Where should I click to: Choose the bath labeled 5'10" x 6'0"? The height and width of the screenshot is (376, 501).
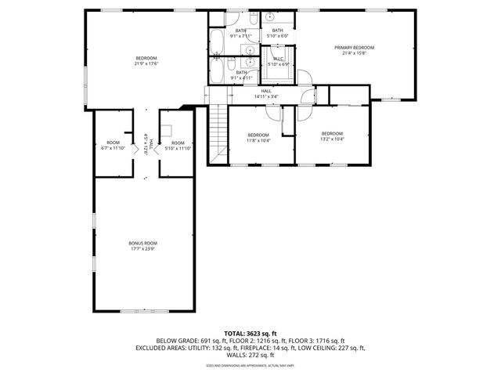tap(277, 31)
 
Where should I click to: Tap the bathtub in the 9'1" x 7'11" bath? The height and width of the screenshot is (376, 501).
tap(218, 38)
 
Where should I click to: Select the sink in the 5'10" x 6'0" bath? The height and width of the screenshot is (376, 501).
tap(268, 16)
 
